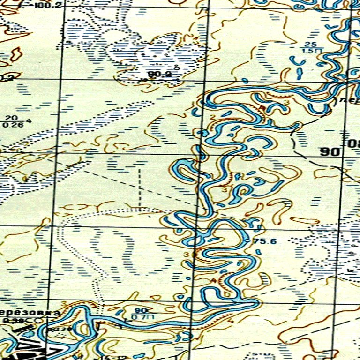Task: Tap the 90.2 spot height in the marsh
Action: coord(159,74)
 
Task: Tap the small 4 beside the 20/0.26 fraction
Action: coord(29,121)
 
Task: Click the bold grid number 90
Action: coord(330,152)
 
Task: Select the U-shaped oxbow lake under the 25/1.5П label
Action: coord(298,60)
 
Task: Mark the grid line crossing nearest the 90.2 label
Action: coord(205,80)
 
